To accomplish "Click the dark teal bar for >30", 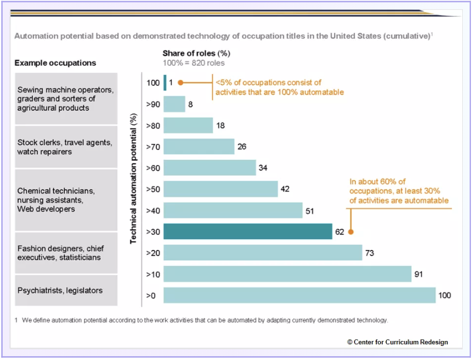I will pyautogui.click(x=247, y=232).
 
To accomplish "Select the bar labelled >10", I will pyautogui.click(x=287, y=274).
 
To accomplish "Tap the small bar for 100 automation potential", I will pyautogui.click(x=165, y=83).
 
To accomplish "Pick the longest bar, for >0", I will pyautogui.click(x=299, y=295).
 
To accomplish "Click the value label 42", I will pyautogui.click(x=285, y=189).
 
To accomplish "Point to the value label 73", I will pyautogui.click(x=370, y=253).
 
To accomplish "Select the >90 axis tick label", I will pyautogui.click(x=153, y=104).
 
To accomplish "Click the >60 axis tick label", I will pyautogui.click(x=153, y=167).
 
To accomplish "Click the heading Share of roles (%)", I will pyautogui.click(x=197, y=53).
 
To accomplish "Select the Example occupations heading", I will pyautogui.click(x=55, y=63).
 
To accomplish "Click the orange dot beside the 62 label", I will pyautogui.click(x=351, y=232).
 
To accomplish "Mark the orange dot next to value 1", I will pyautogui.click(x=181, y=83).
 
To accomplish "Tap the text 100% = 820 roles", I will pyautogui.click(x=194, y=63).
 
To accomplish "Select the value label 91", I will pyautogui.click(x=419, y=274).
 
